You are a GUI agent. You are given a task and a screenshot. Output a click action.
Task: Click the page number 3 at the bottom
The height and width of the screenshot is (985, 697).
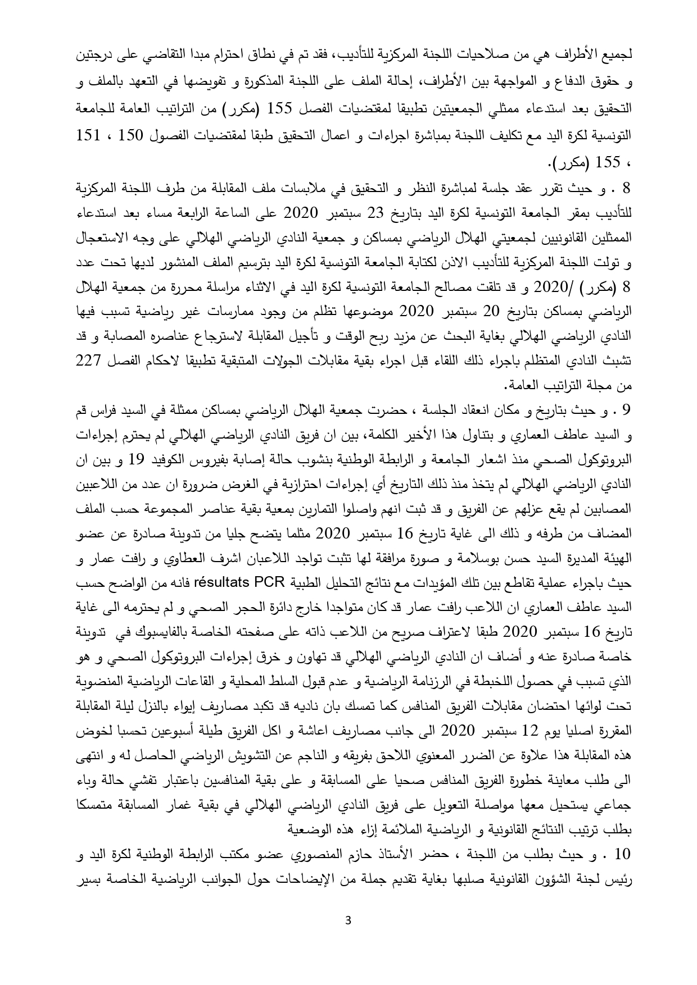tap(349, 936)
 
